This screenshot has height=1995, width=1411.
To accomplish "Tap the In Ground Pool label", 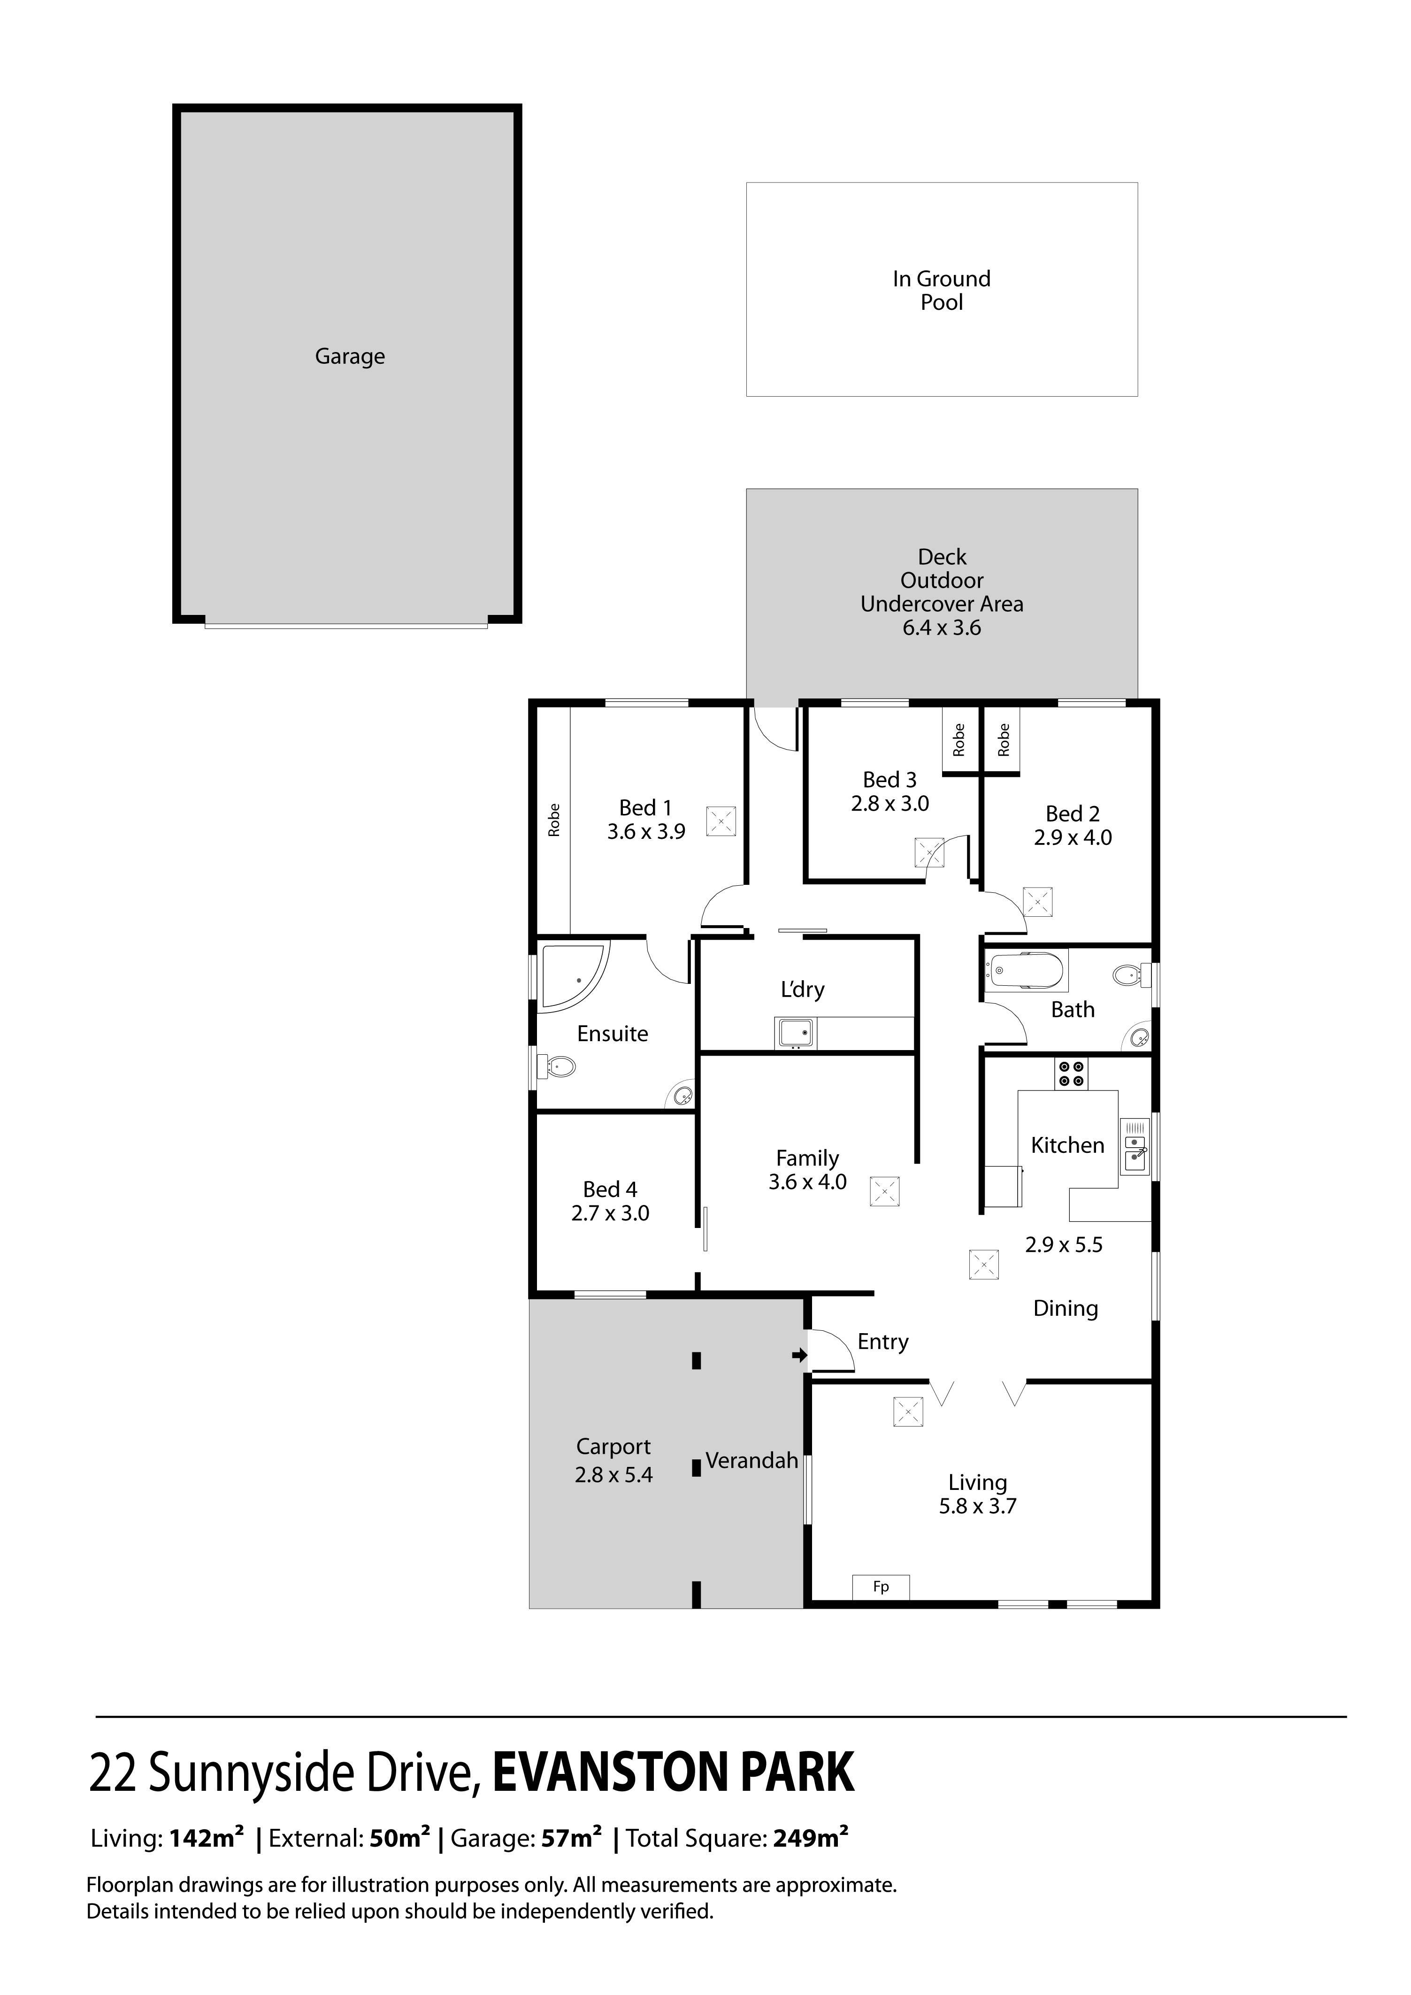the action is (942, 290).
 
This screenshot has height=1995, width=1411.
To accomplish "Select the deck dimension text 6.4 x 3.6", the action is (942, 627).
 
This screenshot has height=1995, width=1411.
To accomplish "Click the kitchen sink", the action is (1135, 1147).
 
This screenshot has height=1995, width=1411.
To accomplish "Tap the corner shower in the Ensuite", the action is (574, 977).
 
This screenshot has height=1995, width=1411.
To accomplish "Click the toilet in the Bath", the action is (1131, 974).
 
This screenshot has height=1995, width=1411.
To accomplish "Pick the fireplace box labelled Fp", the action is (881, 1587).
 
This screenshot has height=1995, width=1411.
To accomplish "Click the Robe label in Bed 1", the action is (553, 820).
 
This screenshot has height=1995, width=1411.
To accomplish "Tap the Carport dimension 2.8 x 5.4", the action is (613, 1474).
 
